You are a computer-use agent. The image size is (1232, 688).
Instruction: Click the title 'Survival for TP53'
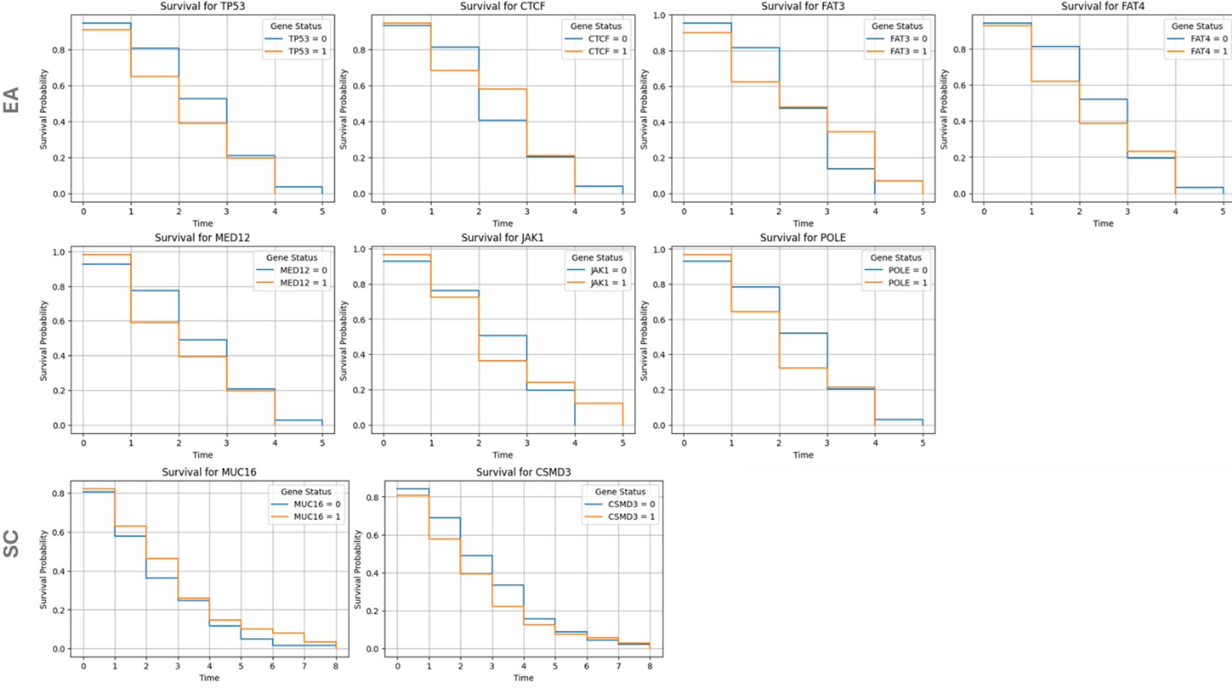tap(202, 7)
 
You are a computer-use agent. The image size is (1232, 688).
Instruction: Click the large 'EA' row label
tap(12, 100)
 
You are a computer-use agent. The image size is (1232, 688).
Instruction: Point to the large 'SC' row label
tap(12, 543)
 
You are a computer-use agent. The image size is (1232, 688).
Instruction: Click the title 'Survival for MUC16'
tap(209, 472)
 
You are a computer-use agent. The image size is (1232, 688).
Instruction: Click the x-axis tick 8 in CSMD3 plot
tap(650, 666)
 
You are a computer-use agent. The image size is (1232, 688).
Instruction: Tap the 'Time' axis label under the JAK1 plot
tap(502, 455)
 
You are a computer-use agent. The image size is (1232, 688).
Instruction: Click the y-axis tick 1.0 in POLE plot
tap(659, 250)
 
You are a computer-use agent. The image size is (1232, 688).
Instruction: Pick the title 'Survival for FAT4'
tap(1103, 7)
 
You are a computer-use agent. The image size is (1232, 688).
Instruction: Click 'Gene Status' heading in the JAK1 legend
tap(597, 258)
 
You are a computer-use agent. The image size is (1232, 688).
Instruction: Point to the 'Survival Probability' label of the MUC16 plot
tap(44, 569)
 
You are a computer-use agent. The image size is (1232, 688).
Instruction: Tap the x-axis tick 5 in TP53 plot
tap(322, 211)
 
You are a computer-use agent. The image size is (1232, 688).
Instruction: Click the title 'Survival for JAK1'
tap(502, 238)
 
